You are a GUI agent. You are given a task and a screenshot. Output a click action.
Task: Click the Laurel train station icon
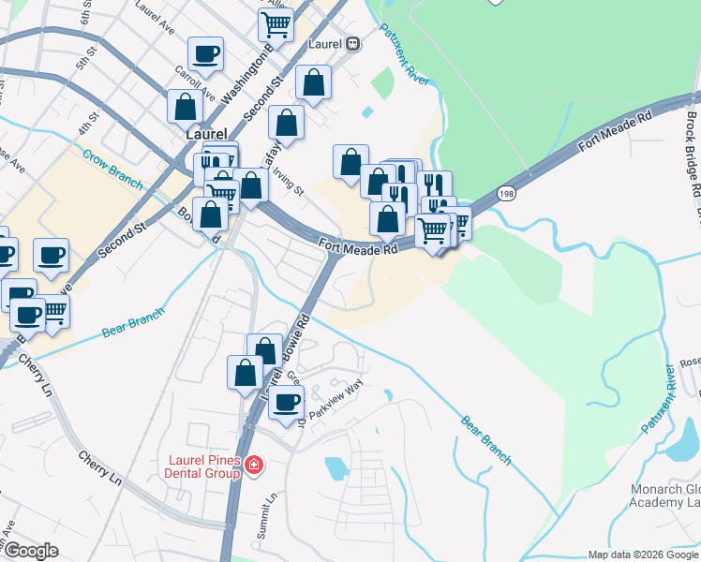click(x=353, y=42)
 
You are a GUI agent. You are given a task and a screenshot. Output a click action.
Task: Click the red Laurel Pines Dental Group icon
click(x=255, y=465)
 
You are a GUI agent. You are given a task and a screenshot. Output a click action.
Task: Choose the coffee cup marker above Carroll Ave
click(x=205, y=53)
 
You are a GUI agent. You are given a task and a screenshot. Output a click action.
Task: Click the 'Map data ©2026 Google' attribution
click(x=643, y=555)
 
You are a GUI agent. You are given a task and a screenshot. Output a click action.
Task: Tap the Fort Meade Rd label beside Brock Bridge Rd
click(x=614, y=132)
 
